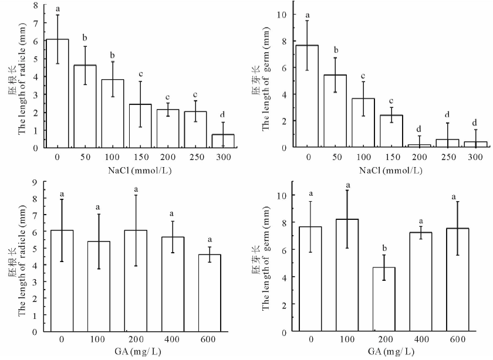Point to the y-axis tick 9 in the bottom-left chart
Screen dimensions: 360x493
click(x=36, y=182)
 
